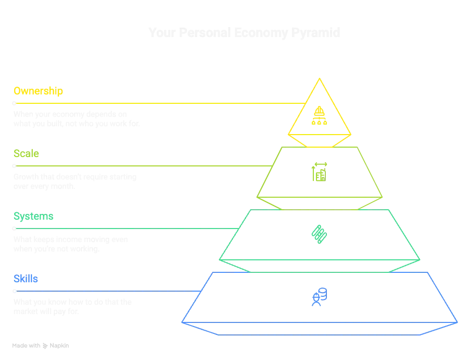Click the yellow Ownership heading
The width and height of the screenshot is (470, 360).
pos(38,91)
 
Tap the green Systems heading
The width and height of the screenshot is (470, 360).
pos(33,217)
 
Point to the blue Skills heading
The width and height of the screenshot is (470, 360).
pos(26,279)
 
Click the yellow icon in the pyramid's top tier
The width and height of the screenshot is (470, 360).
pos(319,115)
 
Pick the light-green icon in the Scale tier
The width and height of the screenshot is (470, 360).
pos(319,172)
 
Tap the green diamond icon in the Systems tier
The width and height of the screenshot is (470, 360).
pos(319,233)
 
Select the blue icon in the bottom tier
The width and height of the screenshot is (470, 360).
pos(319,297)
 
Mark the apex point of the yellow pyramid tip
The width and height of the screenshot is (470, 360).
pos(319,78)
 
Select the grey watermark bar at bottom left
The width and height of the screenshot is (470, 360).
pos(42,346)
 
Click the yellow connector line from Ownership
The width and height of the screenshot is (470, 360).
pos(157,103)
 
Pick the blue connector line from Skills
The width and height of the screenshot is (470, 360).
pos(104,291)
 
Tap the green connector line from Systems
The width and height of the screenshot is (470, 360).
pos(125,229)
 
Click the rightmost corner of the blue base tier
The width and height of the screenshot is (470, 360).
pos(457,321)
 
